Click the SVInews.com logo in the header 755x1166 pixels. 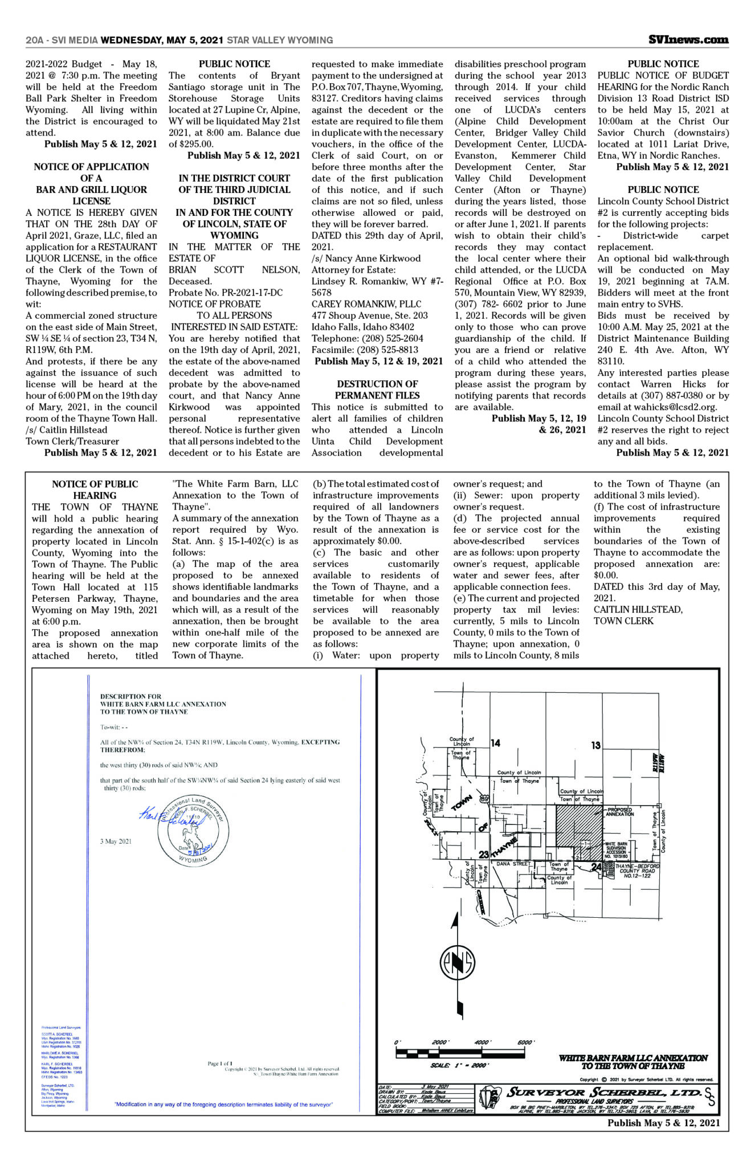coord(688,40)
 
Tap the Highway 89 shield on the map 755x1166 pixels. coord(484,799)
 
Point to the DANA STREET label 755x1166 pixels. coord(512,864)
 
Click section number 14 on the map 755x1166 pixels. coord(495,742)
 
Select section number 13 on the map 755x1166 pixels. coord(595,745)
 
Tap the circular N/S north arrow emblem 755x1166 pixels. coord(457,962)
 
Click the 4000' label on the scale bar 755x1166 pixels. coord(482,1042)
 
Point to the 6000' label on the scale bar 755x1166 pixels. coord(525,1042)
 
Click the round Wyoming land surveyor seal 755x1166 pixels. coord(193,830)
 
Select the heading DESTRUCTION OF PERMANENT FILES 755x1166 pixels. coord(377,389)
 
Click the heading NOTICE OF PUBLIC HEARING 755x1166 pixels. coord(95,490)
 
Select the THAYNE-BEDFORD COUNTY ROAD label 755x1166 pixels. coord(637,871)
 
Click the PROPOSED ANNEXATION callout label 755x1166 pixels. coord(620,812)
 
